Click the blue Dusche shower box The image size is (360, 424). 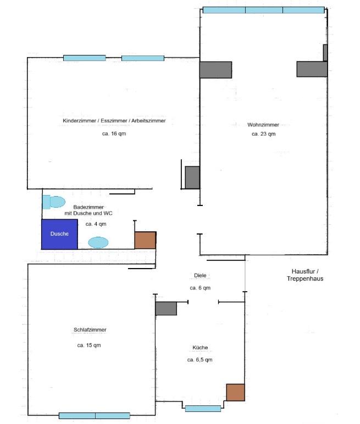tap(59, 234)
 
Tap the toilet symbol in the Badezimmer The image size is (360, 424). tap(54, 202)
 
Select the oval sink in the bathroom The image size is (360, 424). tap(98, 242)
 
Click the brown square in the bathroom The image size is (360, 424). tap(145, 240)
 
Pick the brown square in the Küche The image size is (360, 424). tap(235, 392)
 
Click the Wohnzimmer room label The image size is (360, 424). tap(263, 125)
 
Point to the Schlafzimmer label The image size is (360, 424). tap(90, 330)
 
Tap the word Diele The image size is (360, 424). tap(200, 276)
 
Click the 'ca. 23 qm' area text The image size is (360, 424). tap(263, 134)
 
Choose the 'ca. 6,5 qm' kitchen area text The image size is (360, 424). tap(200, 360)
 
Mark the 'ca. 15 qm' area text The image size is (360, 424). tap(89, 345)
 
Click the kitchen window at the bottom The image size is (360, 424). tap(203, 409)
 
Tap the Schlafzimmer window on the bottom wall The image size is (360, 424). tap(95, 416)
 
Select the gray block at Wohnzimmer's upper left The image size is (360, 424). tap(215, 70)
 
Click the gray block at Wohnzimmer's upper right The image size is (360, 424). tap(312, 69)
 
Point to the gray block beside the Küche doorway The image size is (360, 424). tap(165, 308)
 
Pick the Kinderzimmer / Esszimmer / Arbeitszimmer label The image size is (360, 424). tap(114, 121)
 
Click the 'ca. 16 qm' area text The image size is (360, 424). tap(114, 134)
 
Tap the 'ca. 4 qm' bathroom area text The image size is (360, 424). tap(96, 224)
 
